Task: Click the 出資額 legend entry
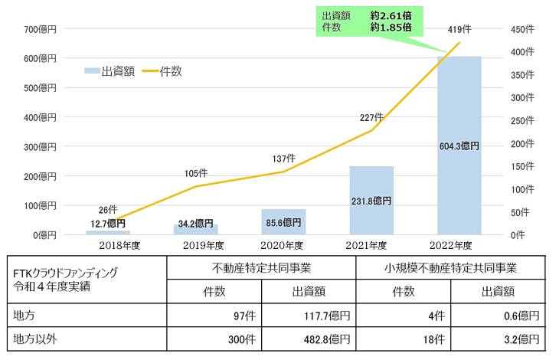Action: (x=110, y=71)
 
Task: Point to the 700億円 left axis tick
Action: (x=41, y=29)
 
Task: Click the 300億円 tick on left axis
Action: (x=41, y=146)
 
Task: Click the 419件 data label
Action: (x=460, y=29)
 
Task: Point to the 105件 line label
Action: (x=196, y=173)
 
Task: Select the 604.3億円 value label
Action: (x=459, y=146)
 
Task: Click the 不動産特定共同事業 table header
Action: (x=262, y=268)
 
